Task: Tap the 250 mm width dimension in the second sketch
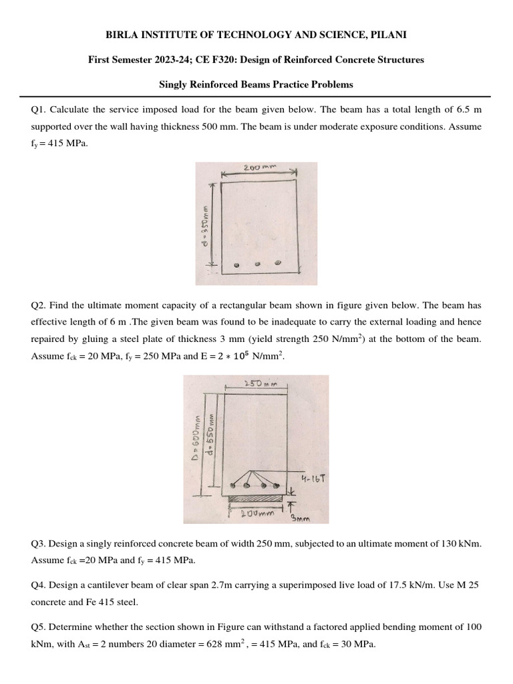point(256,383)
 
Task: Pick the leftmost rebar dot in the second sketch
point(232,486)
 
